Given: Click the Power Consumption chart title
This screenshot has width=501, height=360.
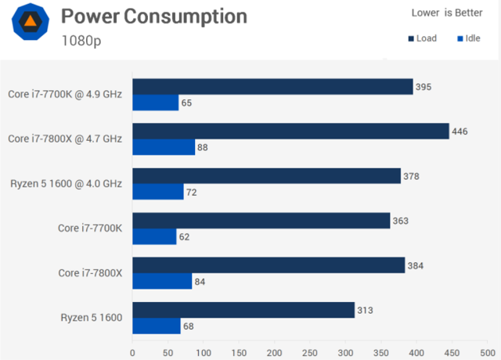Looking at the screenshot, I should [x=153, y=16].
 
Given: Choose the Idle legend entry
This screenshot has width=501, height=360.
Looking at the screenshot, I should [x=467, y=38].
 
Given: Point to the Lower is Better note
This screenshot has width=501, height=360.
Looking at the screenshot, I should [x=447, y=13].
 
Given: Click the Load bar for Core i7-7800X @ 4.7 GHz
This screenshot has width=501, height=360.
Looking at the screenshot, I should [x=290, y=131].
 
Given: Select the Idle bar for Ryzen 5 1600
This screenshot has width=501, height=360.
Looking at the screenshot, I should [x=157, y=326].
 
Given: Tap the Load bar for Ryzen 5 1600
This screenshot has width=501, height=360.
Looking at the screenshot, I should [x=243, y=310].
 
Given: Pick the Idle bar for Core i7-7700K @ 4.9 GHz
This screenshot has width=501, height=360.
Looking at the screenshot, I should [x=156, y=103].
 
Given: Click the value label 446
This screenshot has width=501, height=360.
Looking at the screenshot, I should [x=460, y=131].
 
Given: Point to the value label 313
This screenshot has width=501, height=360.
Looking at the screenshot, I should [x=365, y=310].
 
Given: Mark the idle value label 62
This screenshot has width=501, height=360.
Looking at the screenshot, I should [x=185, y=236].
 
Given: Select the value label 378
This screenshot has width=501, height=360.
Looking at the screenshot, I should [x=411, y=176].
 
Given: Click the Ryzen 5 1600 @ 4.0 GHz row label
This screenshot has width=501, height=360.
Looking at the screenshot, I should [x=66, y=184].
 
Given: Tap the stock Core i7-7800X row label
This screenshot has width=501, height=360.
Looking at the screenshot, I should [x=90, y=273].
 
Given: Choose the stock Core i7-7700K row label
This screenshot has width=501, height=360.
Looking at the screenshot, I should [x=90, y=229].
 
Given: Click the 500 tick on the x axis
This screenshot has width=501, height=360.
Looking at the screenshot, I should [x=487, y=352].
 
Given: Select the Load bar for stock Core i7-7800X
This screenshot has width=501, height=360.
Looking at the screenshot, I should [x=269, y=265].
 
